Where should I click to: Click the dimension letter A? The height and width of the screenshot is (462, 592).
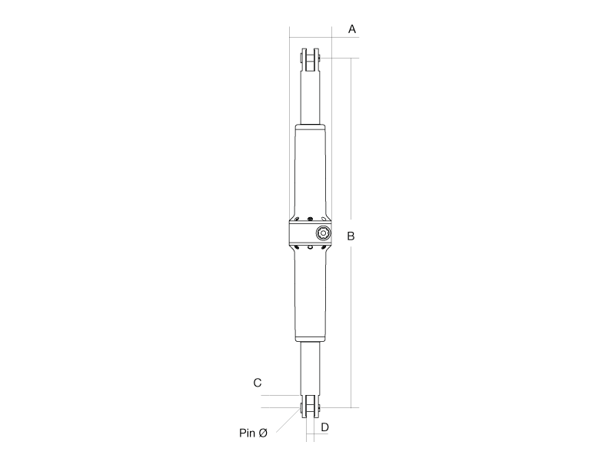(352, 29)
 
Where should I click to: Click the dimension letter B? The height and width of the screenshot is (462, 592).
(351, 236)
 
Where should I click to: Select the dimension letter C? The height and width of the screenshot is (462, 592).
(258, 383)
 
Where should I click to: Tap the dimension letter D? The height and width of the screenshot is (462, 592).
(324, 427)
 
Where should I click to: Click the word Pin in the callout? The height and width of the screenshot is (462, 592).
(248, 434)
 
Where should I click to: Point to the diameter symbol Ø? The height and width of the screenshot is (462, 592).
(263, 434)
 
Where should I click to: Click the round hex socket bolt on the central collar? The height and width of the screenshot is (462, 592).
(323, 233)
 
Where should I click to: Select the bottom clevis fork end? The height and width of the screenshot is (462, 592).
(311, 407)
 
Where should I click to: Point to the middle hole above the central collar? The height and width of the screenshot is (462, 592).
(310, 217)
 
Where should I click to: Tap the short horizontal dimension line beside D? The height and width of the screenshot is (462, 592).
(318, 434)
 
